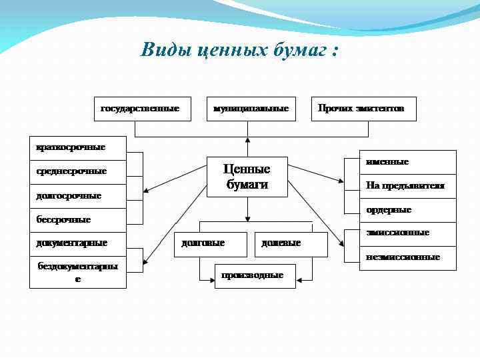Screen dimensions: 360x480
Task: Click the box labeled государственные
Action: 140,108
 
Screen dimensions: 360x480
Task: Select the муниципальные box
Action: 251,108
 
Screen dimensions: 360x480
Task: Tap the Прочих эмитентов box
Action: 363,108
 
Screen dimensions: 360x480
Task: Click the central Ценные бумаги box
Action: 247,177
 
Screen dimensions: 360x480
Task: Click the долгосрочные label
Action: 69,196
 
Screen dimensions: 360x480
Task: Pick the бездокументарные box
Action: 77,272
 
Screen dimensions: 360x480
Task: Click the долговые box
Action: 203,243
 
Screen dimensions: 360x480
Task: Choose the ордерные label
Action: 389,210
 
